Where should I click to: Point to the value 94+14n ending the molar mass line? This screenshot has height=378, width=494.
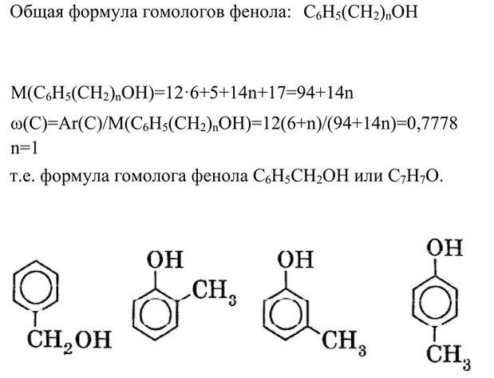click(326, 94)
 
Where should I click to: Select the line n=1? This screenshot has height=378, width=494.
click(26, 149)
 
